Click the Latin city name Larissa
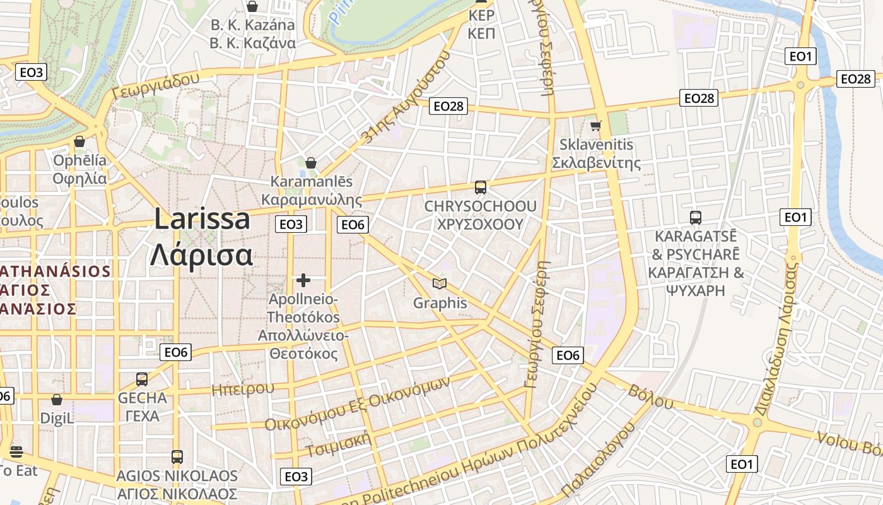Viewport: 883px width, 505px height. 202,219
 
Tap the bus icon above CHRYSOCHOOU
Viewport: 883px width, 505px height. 481,187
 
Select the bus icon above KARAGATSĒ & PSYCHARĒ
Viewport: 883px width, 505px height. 696,217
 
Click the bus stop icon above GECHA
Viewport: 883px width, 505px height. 142,379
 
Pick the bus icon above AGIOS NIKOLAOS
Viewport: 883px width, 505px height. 177,456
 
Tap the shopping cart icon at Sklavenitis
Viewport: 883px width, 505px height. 595,125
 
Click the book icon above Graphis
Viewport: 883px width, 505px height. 440,284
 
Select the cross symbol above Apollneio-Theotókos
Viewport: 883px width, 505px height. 303,280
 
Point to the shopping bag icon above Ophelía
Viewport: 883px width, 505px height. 79,141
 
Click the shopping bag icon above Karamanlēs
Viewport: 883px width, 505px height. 310,163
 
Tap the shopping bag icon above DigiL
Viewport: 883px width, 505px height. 57,400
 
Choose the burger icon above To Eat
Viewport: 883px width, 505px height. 16,451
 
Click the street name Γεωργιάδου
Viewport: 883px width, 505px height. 155,86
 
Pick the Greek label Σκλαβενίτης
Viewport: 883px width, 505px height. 596,163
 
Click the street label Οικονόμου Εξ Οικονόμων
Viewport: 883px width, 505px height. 358,405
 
